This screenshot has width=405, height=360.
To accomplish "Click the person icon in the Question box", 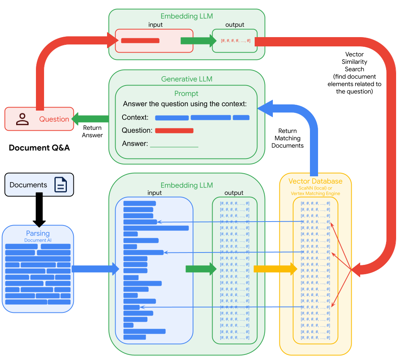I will [x=22, y=119].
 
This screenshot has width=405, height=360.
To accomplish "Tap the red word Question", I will [x=54, y=119].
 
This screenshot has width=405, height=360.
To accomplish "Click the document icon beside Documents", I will [x=60, y=185].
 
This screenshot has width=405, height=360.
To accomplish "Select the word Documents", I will [x=28, y=185].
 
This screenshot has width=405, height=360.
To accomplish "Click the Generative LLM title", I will [x=186, y=79].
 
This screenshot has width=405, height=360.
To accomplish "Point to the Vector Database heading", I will [x=315, y=181].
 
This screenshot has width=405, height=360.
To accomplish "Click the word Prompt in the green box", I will [x=186, y=94].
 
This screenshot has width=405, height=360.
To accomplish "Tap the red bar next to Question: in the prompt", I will [x=174, y=131].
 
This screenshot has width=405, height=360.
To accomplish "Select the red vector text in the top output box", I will [x=235, y=41].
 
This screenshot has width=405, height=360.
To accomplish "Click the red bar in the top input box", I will [x=140, y=41].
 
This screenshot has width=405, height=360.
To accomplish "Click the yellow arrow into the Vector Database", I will [x=275, y=269].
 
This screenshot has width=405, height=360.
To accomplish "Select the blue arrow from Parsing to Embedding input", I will [x=95, y=269].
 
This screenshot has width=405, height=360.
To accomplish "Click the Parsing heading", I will [x=37, y=234].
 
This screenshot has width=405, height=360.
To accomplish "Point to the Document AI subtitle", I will [x=37, y=240].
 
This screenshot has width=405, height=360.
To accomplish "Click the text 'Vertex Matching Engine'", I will [x=315, y=193].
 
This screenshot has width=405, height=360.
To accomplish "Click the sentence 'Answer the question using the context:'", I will [x=184, y=104].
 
